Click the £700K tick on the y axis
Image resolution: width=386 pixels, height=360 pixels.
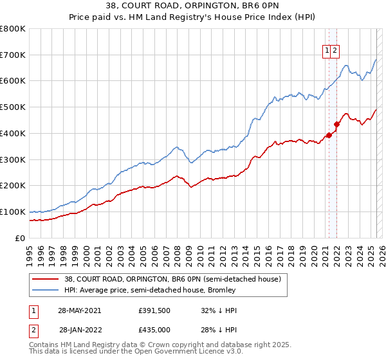pos(13,55)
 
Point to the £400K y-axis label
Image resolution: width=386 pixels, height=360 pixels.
pos(13,133)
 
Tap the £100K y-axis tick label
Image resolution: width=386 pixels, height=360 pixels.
pos(13,212)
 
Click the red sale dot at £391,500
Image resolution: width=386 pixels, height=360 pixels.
pos(329,135)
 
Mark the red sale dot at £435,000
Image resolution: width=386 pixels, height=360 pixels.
pos(336,124)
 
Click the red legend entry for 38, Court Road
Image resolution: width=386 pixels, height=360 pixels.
pos(172,280)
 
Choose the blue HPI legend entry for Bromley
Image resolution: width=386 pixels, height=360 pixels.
pos(150,291)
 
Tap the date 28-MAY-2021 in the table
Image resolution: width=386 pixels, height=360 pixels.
pos(79,310)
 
